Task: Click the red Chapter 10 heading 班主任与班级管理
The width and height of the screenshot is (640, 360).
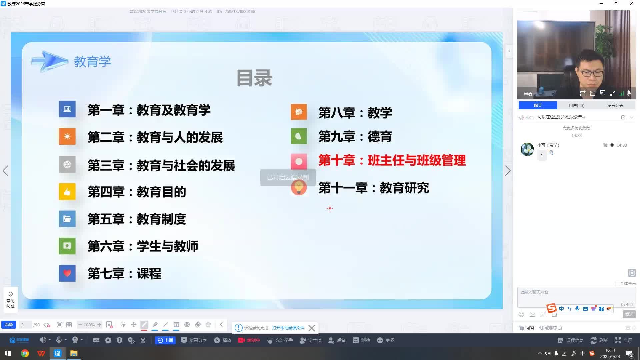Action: pos(392,161)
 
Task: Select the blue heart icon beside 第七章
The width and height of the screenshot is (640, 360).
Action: pos(67,273)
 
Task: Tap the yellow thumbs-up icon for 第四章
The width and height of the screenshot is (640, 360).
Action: pos(67,192)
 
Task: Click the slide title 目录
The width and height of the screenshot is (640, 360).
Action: pos(254,78)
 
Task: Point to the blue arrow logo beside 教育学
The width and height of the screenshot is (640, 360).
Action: pos(50,61)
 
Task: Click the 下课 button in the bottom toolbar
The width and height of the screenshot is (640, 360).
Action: pos(165,340)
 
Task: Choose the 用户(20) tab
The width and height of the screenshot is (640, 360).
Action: pos(576,105)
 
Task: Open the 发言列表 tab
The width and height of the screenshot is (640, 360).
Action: pos(615,105)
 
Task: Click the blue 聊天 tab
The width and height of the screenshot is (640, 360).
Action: pos(538,105)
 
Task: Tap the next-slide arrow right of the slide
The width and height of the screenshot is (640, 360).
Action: pos(508,171)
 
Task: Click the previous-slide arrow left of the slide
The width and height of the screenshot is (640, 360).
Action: pos(5,171)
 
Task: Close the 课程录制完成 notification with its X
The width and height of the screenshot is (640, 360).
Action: pos(312,328)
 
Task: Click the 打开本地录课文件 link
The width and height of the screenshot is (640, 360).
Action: pos(288,328)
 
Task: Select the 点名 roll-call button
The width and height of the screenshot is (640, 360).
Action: pos(337,340)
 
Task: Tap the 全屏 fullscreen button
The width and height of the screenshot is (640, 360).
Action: pos(624,340)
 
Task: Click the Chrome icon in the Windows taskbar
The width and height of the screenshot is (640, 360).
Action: pos(25,353)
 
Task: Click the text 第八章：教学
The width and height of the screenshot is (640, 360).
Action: pos(355,113)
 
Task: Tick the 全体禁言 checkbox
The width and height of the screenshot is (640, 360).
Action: pos(617,284)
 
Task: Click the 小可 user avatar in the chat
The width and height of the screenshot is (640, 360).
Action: pos(527,149)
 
